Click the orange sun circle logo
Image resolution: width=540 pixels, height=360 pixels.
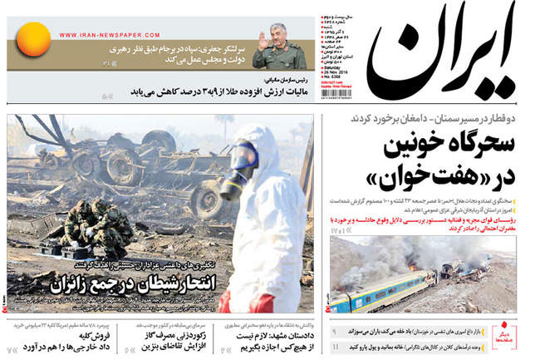(34, 39)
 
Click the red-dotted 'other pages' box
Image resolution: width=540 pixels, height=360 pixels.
(516, 338)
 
